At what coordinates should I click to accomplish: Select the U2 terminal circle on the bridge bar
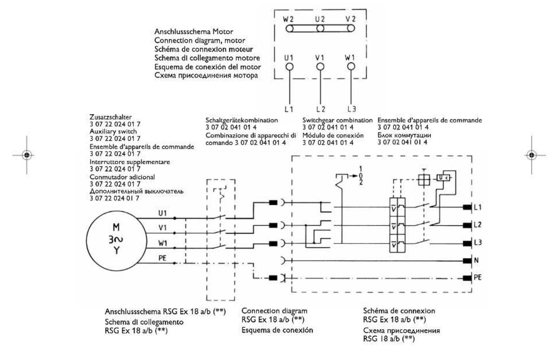click(x=321, y=29)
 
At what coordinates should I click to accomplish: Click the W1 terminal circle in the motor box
click(x=351, y=66)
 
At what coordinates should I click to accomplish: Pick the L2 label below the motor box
click(x=321, y=107)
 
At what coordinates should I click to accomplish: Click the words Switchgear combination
click(x=337, y=120)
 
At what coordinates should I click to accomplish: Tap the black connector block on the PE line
click(x=274, y=278)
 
